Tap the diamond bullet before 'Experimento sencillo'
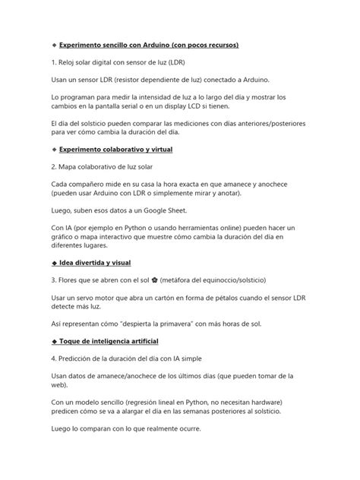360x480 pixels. [x=33, y=46]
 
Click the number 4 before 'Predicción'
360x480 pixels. [x=33, y=358]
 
